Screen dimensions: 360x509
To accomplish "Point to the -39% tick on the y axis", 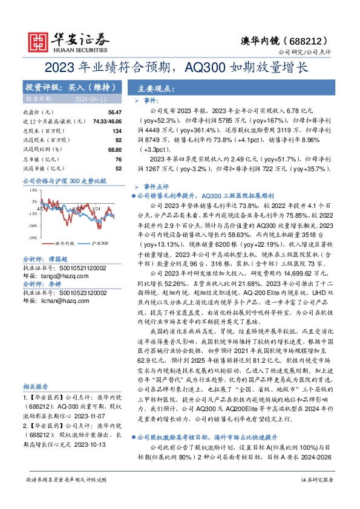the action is click(x=31, y=238).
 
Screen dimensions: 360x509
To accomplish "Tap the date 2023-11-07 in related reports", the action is click(x=92, y=417).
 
